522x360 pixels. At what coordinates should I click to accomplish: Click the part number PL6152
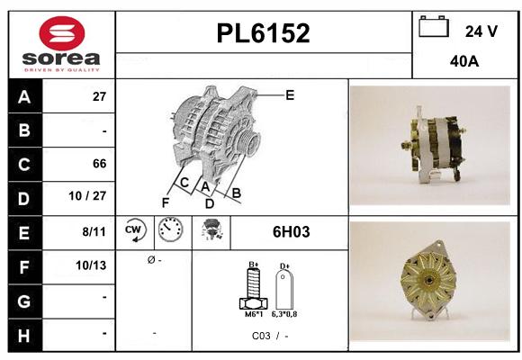pyautogui.click(x=263, y=34)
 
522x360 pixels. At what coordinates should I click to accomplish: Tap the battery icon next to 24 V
pyautogui.click(x=434, y=28)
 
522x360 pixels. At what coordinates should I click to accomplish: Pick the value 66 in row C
pyautogui.click(x=99, y=164)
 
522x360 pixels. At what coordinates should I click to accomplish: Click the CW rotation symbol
pyautogui.click(x=135, y=231)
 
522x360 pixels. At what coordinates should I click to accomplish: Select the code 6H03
pyautogui.click(x=291, y=232)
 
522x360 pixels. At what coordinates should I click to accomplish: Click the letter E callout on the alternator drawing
pyautogui.click(x=290, y=94)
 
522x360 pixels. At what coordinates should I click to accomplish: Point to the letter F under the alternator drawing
pyautogui.click(x=165, y=202)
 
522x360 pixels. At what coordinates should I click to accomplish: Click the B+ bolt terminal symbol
pyautogui.click(x=254, y=288)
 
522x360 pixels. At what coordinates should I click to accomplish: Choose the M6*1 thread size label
pyautogui.click(x=255, y=315)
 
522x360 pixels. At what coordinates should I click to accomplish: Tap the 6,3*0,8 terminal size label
pyautogui.click(x=285, y=315)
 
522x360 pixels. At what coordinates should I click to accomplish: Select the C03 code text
pyautogui.click(x=260, y=335)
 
